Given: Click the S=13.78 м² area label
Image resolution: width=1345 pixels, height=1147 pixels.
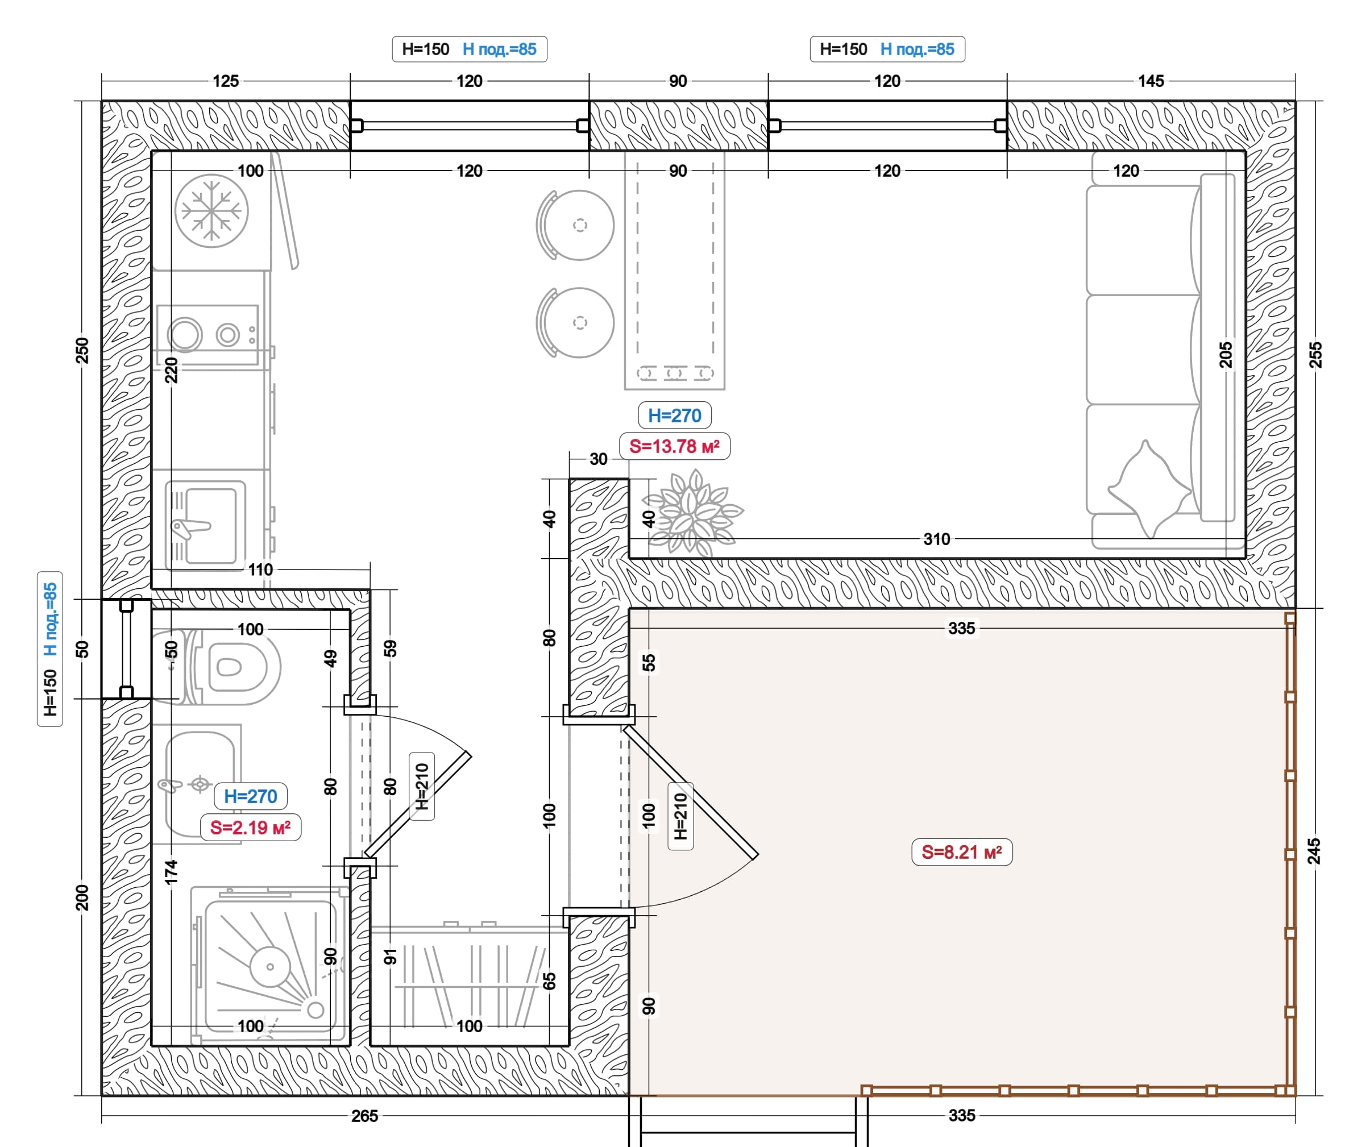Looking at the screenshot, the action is (674, 447).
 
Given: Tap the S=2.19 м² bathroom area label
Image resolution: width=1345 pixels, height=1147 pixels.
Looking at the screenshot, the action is (251, 828).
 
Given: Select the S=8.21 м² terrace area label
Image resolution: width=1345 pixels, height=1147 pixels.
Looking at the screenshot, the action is (962, 853).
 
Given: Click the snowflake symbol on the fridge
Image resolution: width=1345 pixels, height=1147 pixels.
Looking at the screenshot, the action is (211, 211).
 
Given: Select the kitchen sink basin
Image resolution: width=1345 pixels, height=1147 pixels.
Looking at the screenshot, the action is (211, 526).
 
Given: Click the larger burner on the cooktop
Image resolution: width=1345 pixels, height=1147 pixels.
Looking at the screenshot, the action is (185, 335).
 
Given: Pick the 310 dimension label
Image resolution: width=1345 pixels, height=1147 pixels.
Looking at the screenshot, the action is (937, 539).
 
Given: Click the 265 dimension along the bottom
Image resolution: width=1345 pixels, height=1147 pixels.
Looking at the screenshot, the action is (365, 1116).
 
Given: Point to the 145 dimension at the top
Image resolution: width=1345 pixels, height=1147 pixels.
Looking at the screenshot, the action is (1151, 81).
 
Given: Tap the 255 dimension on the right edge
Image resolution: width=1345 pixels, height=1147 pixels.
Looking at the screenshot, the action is (1314, 355).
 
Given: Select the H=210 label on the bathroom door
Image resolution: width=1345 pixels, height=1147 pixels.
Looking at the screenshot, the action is (422, 786).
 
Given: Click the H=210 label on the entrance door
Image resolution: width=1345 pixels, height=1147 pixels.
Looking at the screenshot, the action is (680, 816).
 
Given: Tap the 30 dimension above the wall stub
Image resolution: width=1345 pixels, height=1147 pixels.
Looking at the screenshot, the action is (599, 459).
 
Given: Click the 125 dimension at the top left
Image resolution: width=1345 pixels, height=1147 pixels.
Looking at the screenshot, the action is (226, 81).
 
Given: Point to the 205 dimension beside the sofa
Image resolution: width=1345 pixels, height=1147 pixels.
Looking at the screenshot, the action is (1225, 355).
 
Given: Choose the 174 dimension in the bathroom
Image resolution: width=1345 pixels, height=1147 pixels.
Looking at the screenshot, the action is (171, 872).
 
